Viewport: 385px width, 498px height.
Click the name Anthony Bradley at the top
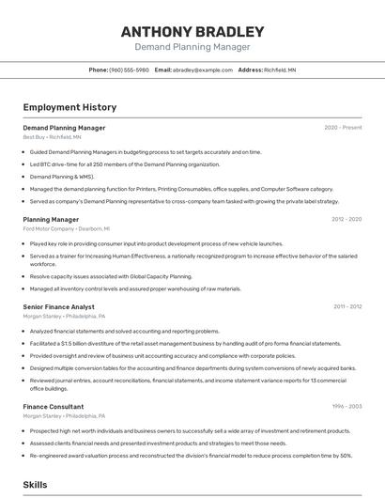[192, 31]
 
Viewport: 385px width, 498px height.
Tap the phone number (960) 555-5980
[129, 70]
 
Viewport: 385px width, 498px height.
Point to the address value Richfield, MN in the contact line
[280, 70]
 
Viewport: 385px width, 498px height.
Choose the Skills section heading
[35, 485]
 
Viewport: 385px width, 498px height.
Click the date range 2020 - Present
[343, 128]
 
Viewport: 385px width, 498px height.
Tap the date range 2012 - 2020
[346, 219]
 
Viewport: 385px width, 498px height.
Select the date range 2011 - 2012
[346, 306]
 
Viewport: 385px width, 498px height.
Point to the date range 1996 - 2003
[346, 406]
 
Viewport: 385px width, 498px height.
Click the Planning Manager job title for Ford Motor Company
[51, 219]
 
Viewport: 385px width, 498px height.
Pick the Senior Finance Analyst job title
[58, 306]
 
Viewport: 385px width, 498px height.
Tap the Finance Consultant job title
[53, 406]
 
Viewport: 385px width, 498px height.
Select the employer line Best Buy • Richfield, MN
[52, 137]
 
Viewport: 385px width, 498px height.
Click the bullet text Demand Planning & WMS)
[62, 176]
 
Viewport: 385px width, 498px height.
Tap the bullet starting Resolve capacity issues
[111, 277]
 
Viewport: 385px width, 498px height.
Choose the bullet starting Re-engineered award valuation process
[191, 455]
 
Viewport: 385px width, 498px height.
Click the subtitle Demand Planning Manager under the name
[192, 47]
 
